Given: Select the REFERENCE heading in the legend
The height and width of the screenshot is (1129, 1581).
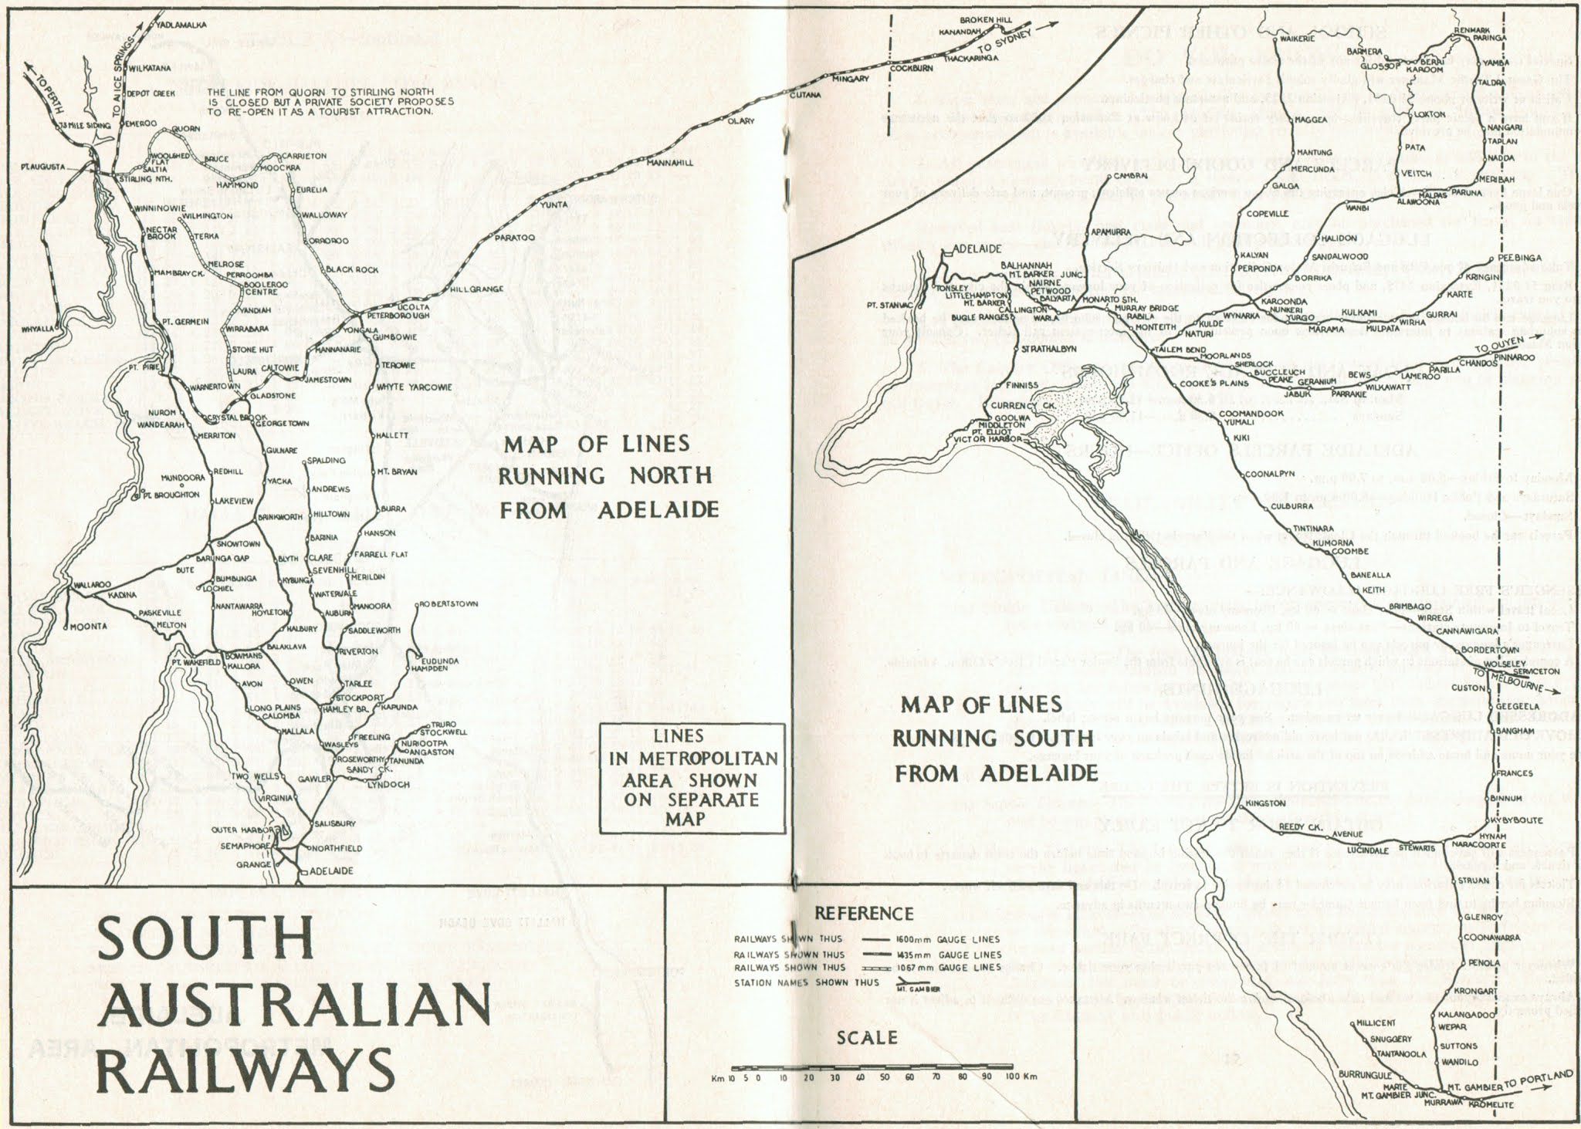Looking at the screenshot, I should (x=865, y=913).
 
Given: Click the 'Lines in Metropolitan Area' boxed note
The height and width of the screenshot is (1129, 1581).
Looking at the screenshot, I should (x=692, y=779).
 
